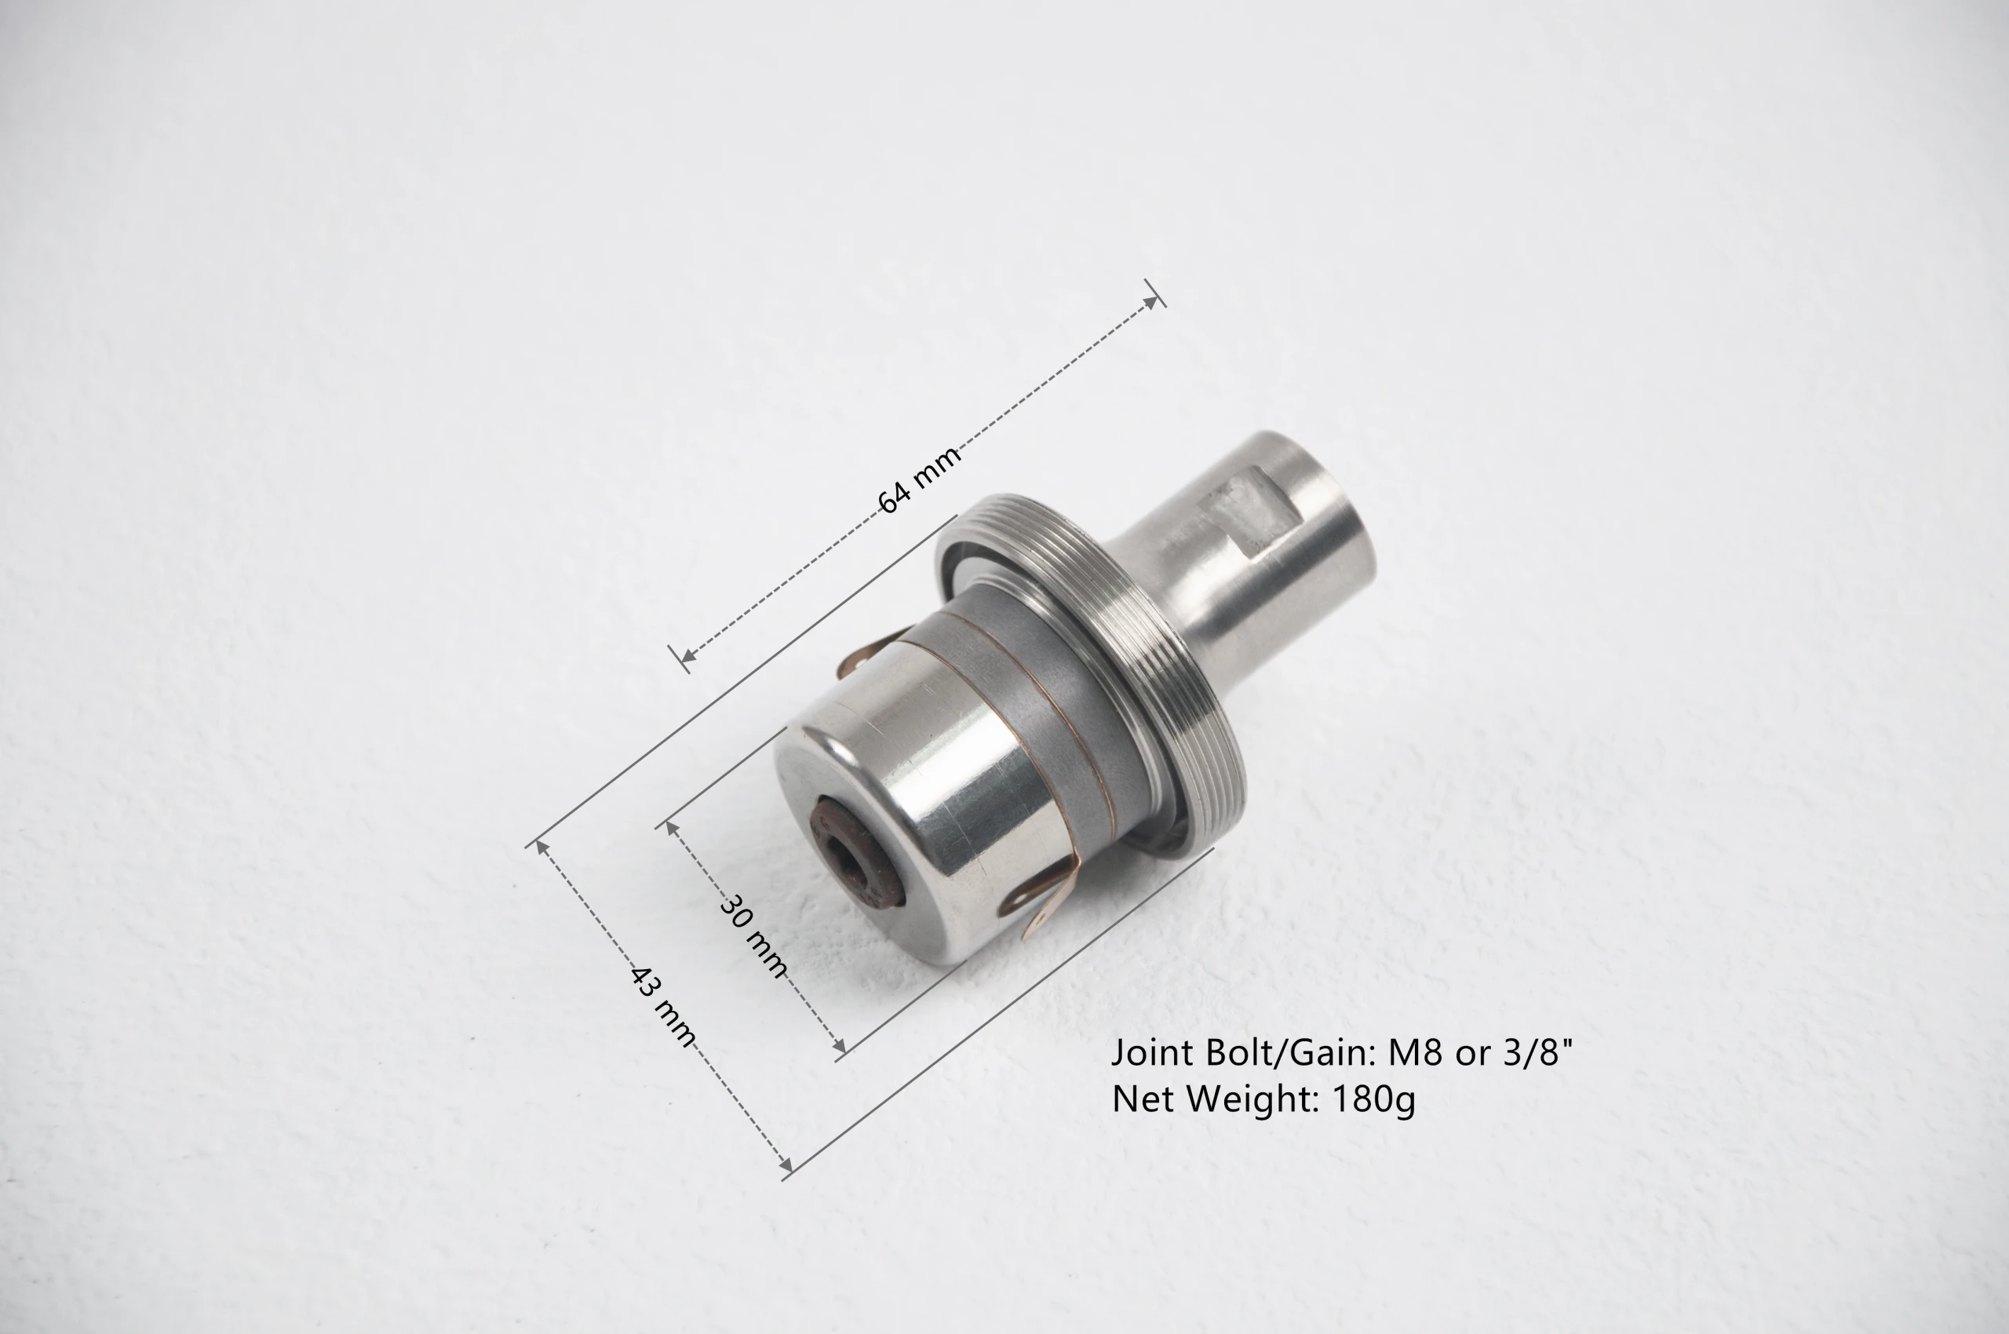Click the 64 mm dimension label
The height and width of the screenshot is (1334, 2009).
(919, 479)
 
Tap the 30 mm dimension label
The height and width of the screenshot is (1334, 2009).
(754, 937)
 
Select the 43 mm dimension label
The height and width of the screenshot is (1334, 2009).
(663, 1007)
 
